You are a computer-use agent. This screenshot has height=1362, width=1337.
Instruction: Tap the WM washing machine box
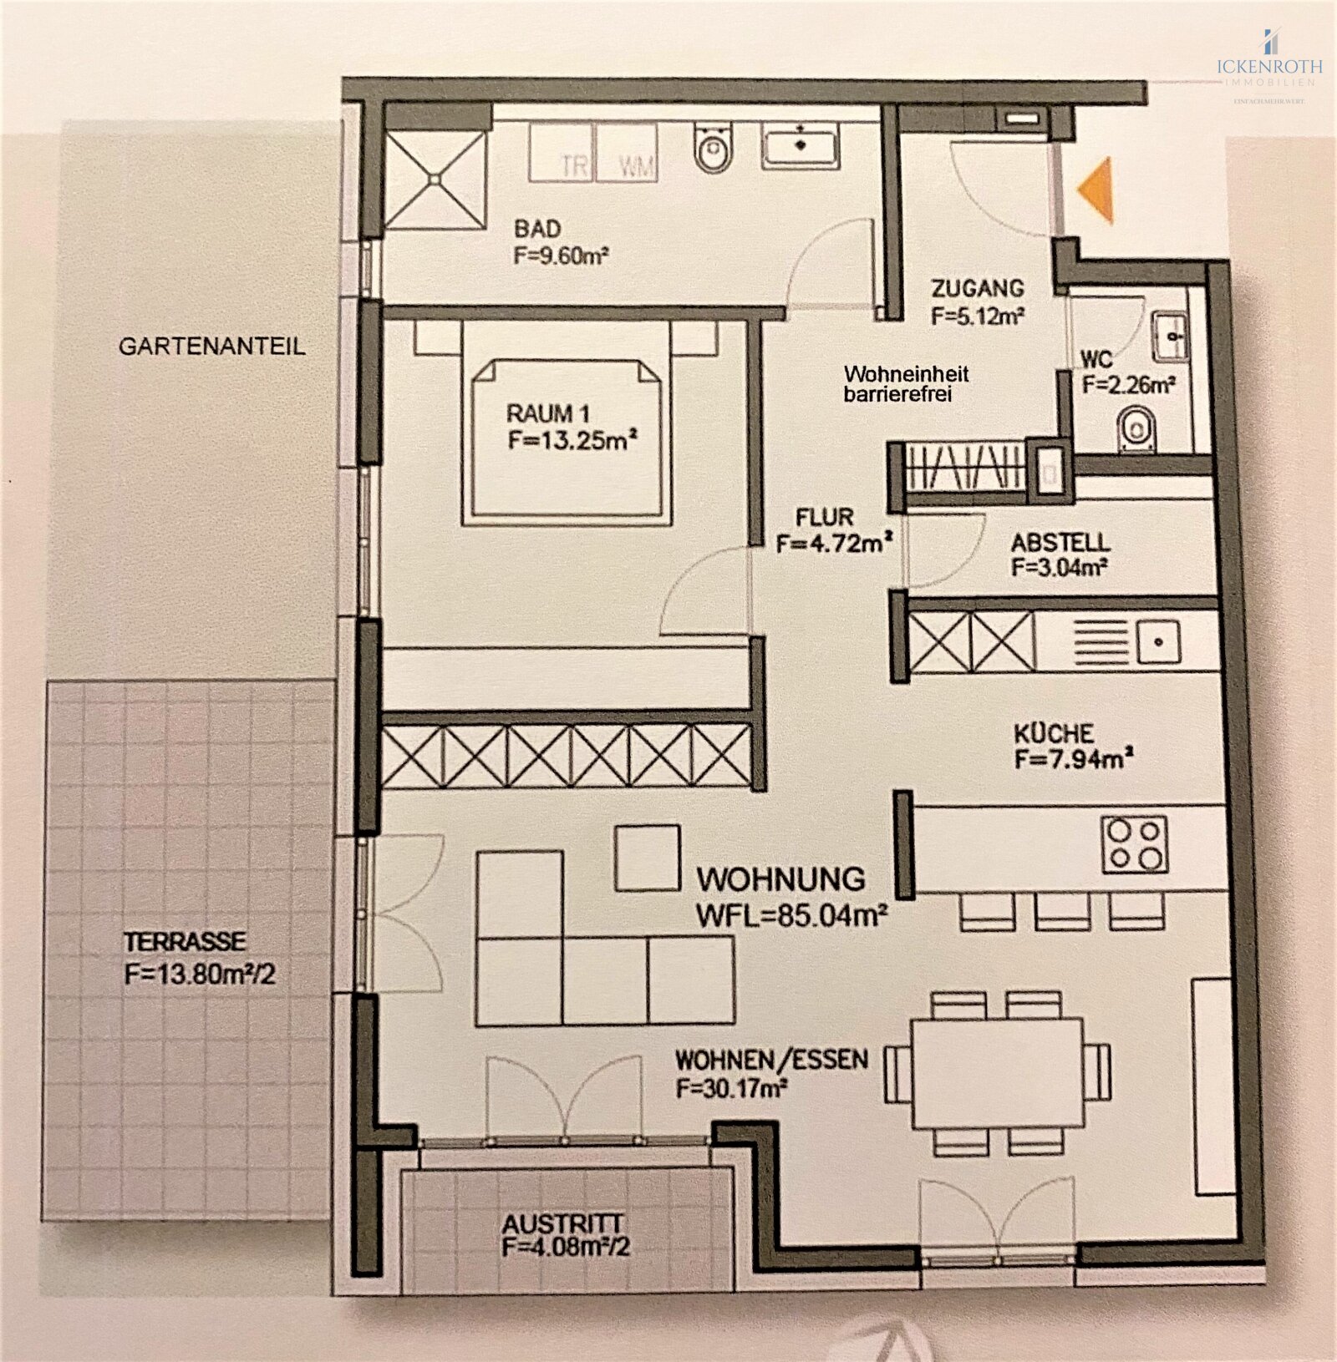(x=627, y=153)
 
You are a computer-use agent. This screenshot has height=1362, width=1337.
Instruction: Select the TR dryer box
(x=562, y=153)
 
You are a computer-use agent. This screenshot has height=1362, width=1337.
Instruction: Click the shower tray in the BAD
(x=435, y=179)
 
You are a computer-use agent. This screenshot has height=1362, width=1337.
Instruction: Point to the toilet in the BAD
(x=713, y=148)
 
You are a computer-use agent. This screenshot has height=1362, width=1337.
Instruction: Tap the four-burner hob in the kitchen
(x=1134, y=844)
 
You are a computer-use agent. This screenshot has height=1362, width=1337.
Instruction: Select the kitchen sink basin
(x=1158, y=642)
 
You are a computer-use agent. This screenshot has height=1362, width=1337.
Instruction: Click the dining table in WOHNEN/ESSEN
(x=997, y=1072)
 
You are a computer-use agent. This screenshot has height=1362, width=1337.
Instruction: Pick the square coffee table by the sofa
(x=648, y=857)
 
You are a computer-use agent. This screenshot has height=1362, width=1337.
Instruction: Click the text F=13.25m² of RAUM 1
(x=572, y=440)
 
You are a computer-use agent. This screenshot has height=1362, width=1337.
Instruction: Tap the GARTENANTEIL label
(x=212, y=346)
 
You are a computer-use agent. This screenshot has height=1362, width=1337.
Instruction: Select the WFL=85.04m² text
(x=791, y=916)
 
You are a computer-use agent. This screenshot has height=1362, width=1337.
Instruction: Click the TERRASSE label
(x=185, y=942)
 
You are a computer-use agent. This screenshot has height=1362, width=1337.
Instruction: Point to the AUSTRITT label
(x=562, y=1224)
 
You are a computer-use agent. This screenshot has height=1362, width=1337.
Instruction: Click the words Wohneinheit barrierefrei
(x=906, y=384)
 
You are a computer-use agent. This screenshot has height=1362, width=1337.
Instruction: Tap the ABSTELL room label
(x=1060, y=543)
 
